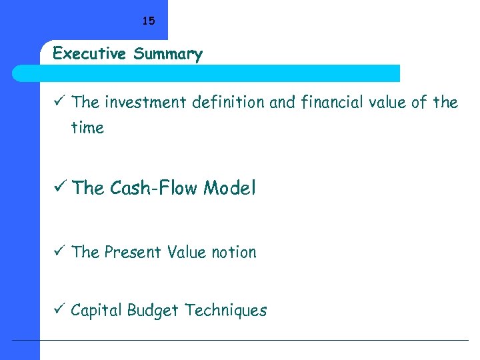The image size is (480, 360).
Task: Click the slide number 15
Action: pyautogui.click(x=148, y=21)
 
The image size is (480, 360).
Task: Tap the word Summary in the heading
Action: pyautogui.click(x=167, y=54)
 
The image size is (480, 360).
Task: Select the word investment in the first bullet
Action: pyautogui.click(x=147, y=102)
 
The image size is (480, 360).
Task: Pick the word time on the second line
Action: pyautogui.click(x=87, y=127)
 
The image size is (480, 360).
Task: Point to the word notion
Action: pyautogui.click(x=233, y=252)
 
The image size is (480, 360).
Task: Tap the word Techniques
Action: pyautogui.click(x=226, y=310)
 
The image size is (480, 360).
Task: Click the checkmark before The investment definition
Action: pyautogui.click(x=59, y=102)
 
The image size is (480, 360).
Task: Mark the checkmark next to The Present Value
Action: pyautogui.click(x=59, y=252)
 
